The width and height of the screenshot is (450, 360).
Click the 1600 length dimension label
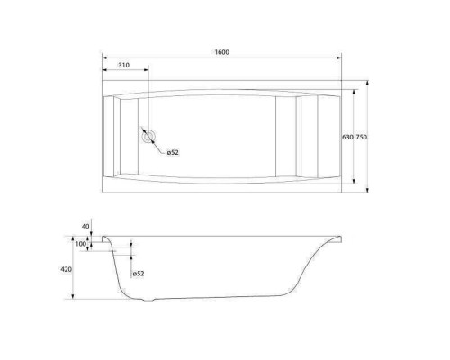pos(222,52)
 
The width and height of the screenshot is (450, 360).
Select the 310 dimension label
pos(123,65)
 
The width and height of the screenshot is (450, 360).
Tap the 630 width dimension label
pos(347,137)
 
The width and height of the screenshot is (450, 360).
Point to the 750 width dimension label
pos(362,137)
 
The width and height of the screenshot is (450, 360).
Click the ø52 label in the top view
pos(173,152)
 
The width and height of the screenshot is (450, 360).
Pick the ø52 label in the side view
pos(139,274)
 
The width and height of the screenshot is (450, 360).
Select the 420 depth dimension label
pos(67,269)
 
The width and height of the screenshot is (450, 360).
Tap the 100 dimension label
pos(81,244)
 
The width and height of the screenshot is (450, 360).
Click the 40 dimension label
pos(85,227)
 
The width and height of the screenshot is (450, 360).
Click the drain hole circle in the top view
pos(148,137)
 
